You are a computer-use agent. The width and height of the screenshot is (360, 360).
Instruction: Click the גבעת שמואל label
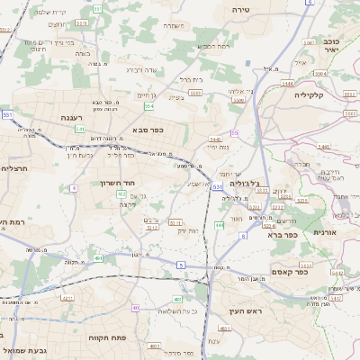click(x=19, y=348)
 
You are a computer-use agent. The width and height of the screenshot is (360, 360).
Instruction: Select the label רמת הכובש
click(x=213, y=46)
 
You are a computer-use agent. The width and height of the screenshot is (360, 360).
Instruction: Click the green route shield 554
click(x=148, y=105)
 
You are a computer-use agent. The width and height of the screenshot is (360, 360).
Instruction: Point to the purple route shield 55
click(x=234, y=132)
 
